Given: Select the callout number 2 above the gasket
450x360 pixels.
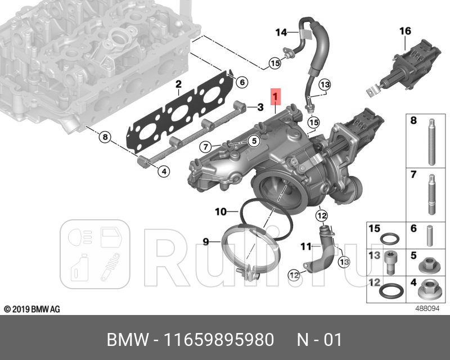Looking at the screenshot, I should (178, 85).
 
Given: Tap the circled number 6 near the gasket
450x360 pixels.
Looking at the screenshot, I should (241, 82).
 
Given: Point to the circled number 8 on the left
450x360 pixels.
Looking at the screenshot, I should (104, 137).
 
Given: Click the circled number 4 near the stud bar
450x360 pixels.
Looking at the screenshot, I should (163, 171).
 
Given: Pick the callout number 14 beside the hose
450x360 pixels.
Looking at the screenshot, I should (281, 32).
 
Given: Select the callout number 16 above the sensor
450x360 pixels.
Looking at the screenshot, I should (405, 31).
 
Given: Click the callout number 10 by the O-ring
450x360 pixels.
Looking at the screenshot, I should (220, 212).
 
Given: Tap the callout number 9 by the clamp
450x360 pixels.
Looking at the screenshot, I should (206, 242).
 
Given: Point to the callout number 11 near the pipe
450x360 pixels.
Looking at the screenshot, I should (305, 246).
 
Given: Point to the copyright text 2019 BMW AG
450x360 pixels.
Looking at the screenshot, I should (32, 309).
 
